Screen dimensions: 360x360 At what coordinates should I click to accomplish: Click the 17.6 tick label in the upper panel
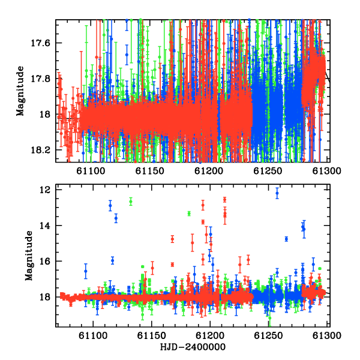40,43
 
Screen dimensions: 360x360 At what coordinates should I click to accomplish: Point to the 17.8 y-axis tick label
40,79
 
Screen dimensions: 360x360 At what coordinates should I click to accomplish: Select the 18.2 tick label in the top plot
40,150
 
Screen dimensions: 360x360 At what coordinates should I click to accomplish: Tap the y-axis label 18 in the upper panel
45,115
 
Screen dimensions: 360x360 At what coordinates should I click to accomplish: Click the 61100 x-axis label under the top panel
91,171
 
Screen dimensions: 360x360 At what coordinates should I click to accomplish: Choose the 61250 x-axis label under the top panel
268,171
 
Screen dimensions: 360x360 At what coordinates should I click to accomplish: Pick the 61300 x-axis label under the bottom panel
327,335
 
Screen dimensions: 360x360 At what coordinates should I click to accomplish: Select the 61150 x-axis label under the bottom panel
152,335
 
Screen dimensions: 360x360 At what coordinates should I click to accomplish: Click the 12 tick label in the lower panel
45,190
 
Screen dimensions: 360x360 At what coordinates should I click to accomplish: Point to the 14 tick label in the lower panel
45,226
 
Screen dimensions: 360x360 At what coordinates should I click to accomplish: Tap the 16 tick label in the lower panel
45,261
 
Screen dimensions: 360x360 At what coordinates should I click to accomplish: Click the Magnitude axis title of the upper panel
20,91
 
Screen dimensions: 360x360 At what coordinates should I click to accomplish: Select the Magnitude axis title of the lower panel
29,256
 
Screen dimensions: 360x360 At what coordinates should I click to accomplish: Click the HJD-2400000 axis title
193,347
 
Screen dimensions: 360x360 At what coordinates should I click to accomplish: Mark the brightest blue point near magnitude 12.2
277,193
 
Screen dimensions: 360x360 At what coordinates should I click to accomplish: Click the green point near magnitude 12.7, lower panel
131,202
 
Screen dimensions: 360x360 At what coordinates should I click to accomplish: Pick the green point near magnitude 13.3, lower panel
189,214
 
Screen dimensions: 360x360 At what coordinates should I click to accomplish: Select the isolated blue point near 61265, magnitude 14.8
286,239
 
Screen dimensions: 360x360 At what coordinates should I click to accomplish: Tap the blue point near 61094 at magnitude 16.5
86,271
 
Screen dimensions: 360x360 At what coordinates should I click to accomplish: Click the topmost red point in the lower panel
224,200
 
